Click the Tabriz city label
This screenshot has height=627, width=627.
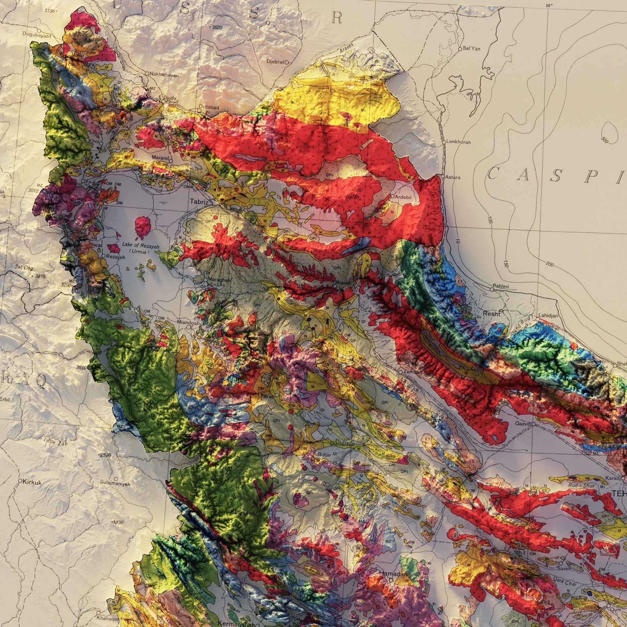(x=199, y=202)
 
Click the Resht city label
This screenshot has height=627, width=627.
(x=491, y=314)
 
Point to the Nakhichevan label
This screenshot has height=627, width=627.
(x=164, y=75)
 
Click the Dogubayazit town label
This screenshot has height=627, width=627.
(x=37, y=34)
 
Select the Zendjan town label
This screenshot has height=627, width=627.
(x=413, y=372)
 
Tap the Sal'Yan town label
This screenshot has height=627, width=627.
(x=471, y=48)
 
